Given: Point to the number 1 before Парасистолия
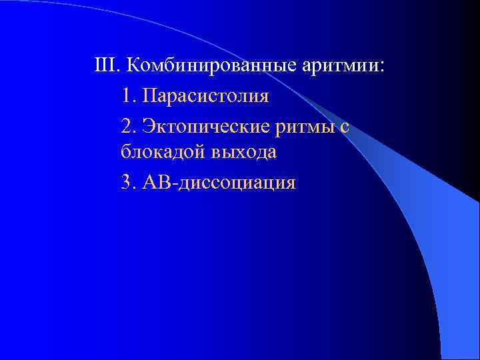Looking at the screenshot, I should pos(127,96).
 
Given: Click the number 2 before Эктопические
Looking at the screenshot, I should pos(127,125).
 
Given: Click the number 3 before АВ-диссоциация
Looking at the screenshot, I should pos(127,182).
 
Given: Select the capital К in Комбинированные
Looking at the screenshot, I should pos(132,67).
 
